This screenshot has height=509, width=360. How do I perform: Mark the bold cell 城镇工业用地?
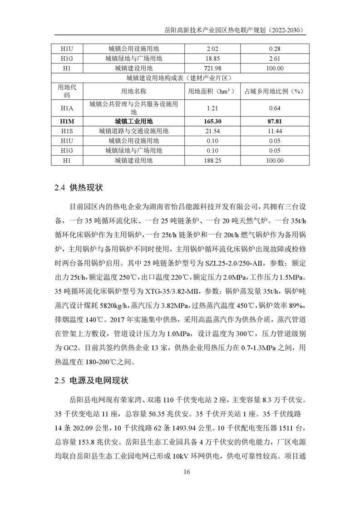[133, 121]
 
